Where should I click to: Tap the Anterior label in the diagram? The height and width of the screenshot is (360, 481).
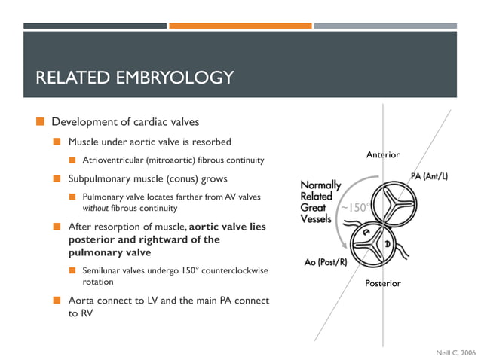382,154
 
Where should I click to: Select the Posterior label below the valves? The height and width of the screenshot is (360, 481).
383,283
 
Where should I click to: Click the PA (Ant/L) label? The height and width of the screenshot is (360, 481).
429,176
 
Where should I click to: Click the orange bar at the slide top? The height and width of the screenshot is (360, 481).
240,26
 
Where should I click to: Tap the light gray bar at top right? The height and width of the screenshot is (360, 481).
385,26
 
